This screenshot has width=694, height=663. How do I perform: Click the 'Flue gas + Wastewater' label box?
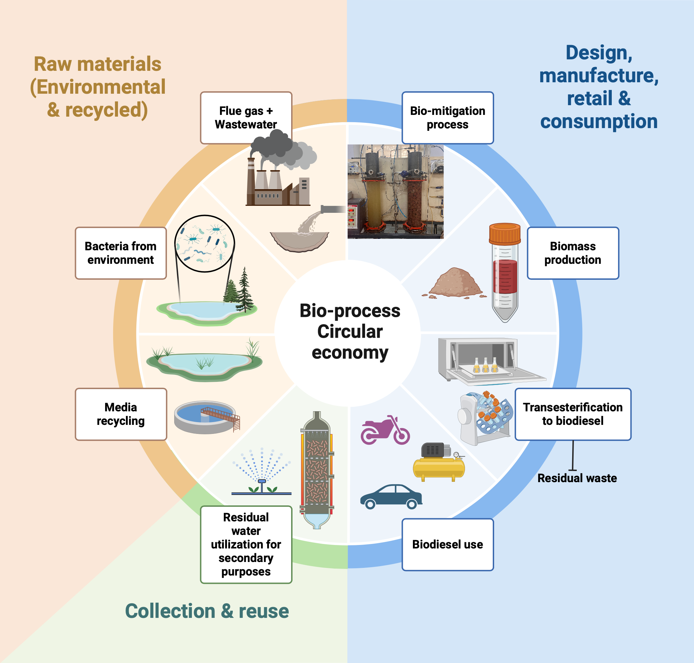click(x=246, y=117)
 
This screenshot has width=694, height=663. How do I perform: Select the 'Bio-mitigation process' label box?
click(x=447, y=117)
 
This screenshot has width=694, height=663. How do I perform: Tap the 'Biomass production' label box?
click(x=573, y=253)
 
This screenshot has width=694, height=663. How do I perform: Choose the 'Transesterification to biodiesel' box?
click(x=573, y=414)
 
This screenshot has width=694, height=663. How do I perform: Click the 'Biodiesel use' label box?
click(x=447, y=544)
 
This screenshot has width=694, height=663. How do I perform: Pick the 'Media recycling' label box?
click(x=120, y=414)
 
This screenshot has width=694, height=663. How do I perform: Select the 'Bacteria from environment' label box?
click(x=120, y=253)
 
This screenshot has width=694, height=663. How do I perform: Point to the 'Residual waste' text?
click(x=577, y=478)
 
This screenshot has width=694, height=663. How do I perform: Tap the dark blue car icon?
click(x=391, y=497)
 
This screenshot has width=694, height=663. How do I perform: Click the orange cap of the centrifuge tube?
click(x=505, y=234)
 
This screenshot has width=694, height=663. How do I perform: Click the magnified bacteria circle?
click(x=205, y=243)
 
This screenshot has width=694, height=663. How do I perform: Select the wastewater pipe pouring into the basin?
click(x=332, y=209)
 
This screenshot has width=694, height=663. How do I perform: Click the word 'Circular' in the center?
click(x=349, y=331)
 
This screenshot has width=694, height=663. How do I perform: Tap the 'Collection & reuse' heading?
click(x=207, y=611)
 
